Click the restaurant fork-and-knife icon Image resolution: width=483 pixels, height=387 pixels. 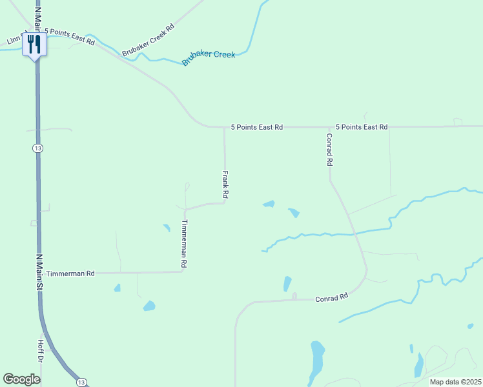[34, 44]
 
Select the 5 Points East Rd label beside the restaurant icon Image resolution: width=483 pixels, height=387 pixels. [69, 36]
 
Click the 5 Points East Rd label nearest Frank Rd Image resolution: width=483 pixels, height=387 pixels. [256, 127]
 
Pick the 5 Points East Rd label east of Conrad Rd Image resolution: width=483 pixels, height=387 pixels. [362, 127]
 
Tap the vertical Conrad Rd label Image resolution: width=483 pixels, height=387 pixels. [329, 150]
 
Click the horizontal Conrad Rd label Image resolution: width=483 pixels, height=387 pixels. [331, 297]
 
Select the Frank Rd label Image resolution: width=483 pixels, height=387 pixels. [225, 184]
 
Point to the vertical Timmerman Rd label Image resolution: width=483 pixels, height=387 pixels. [184, 244]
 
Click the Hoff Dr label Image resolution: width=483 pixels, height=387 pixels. [40, 350]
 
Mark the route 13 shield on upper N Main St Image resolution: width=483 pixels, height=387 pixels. [38, 148]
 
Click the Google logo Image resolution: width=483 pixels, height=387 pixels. [22, 379]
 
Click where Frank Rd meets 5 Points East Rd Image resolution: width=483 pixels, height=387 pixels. [224, 127]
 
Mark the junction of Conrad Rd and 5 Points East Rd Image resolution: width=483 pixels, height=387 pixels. [330, 127]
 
